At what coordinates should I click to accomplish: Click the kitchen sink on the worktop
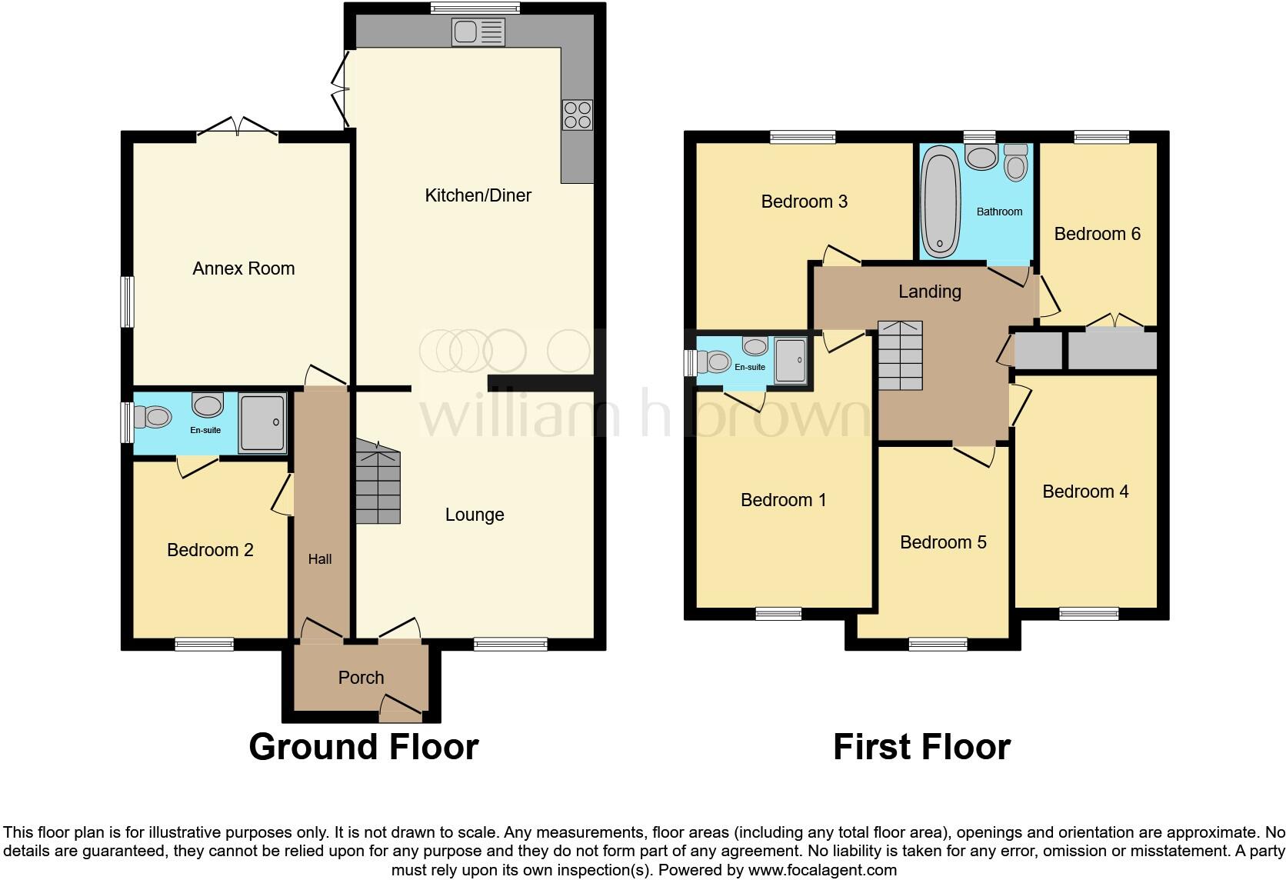(478, 32)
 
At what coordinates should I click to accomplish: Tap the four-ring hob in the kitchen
(578, 115)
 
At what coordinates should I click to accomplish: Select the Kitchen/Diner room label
(478, 195)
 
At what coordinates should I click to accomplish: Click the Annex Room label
(243, 268)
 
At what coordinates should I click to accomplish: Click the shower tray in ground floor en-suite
(262, 422)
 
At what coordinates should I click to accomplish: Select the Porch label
(361, 678)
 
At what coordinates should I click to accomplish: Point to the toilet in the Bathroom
(1016, 162)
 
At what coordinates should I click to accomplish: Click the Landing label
(929, 292)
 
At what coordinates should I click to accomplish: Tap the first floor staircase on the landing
(900, 355)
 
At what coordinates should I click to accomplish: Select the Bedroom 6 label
(1096, 234)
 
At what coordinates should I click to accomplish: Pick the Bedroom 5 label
(942, 542)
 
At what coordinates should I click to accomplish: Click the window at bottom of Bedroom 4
(1088, 613)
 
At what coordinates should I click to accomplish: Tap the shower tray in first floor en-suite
(790, 360)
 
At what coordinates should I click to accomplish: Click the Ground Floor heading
(363, 747)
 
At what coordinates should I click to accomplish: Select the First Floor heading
(921, 747)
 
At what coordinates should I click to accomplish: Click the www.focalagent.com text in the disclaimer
(821, 871)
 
